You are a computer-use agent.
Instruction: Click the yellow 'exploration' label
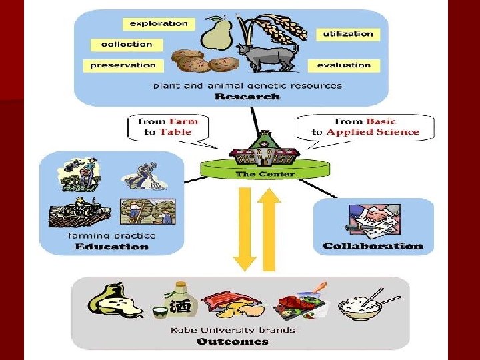coord(159,24)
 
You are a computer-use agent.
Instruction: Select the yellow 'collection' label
coord(127,45)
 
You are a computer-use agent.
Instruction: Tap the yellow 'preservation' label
coord(123,65)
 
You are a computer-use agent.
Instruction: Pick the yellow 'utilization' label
coord(349,34)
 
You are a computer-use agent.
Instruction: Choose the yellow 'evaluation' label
coord(344,65)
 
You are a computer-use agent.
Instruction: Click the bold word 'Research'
coord(247,97)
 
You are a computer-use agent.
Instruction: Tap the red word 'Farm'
coord(183,122)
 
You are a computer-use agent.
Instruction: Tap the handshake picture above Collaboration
coord(372,220)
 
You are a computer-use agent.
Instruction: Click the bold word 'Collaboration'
coord(373,246)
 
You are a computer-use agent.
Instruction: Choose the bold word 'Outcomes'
coord(232,342)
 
